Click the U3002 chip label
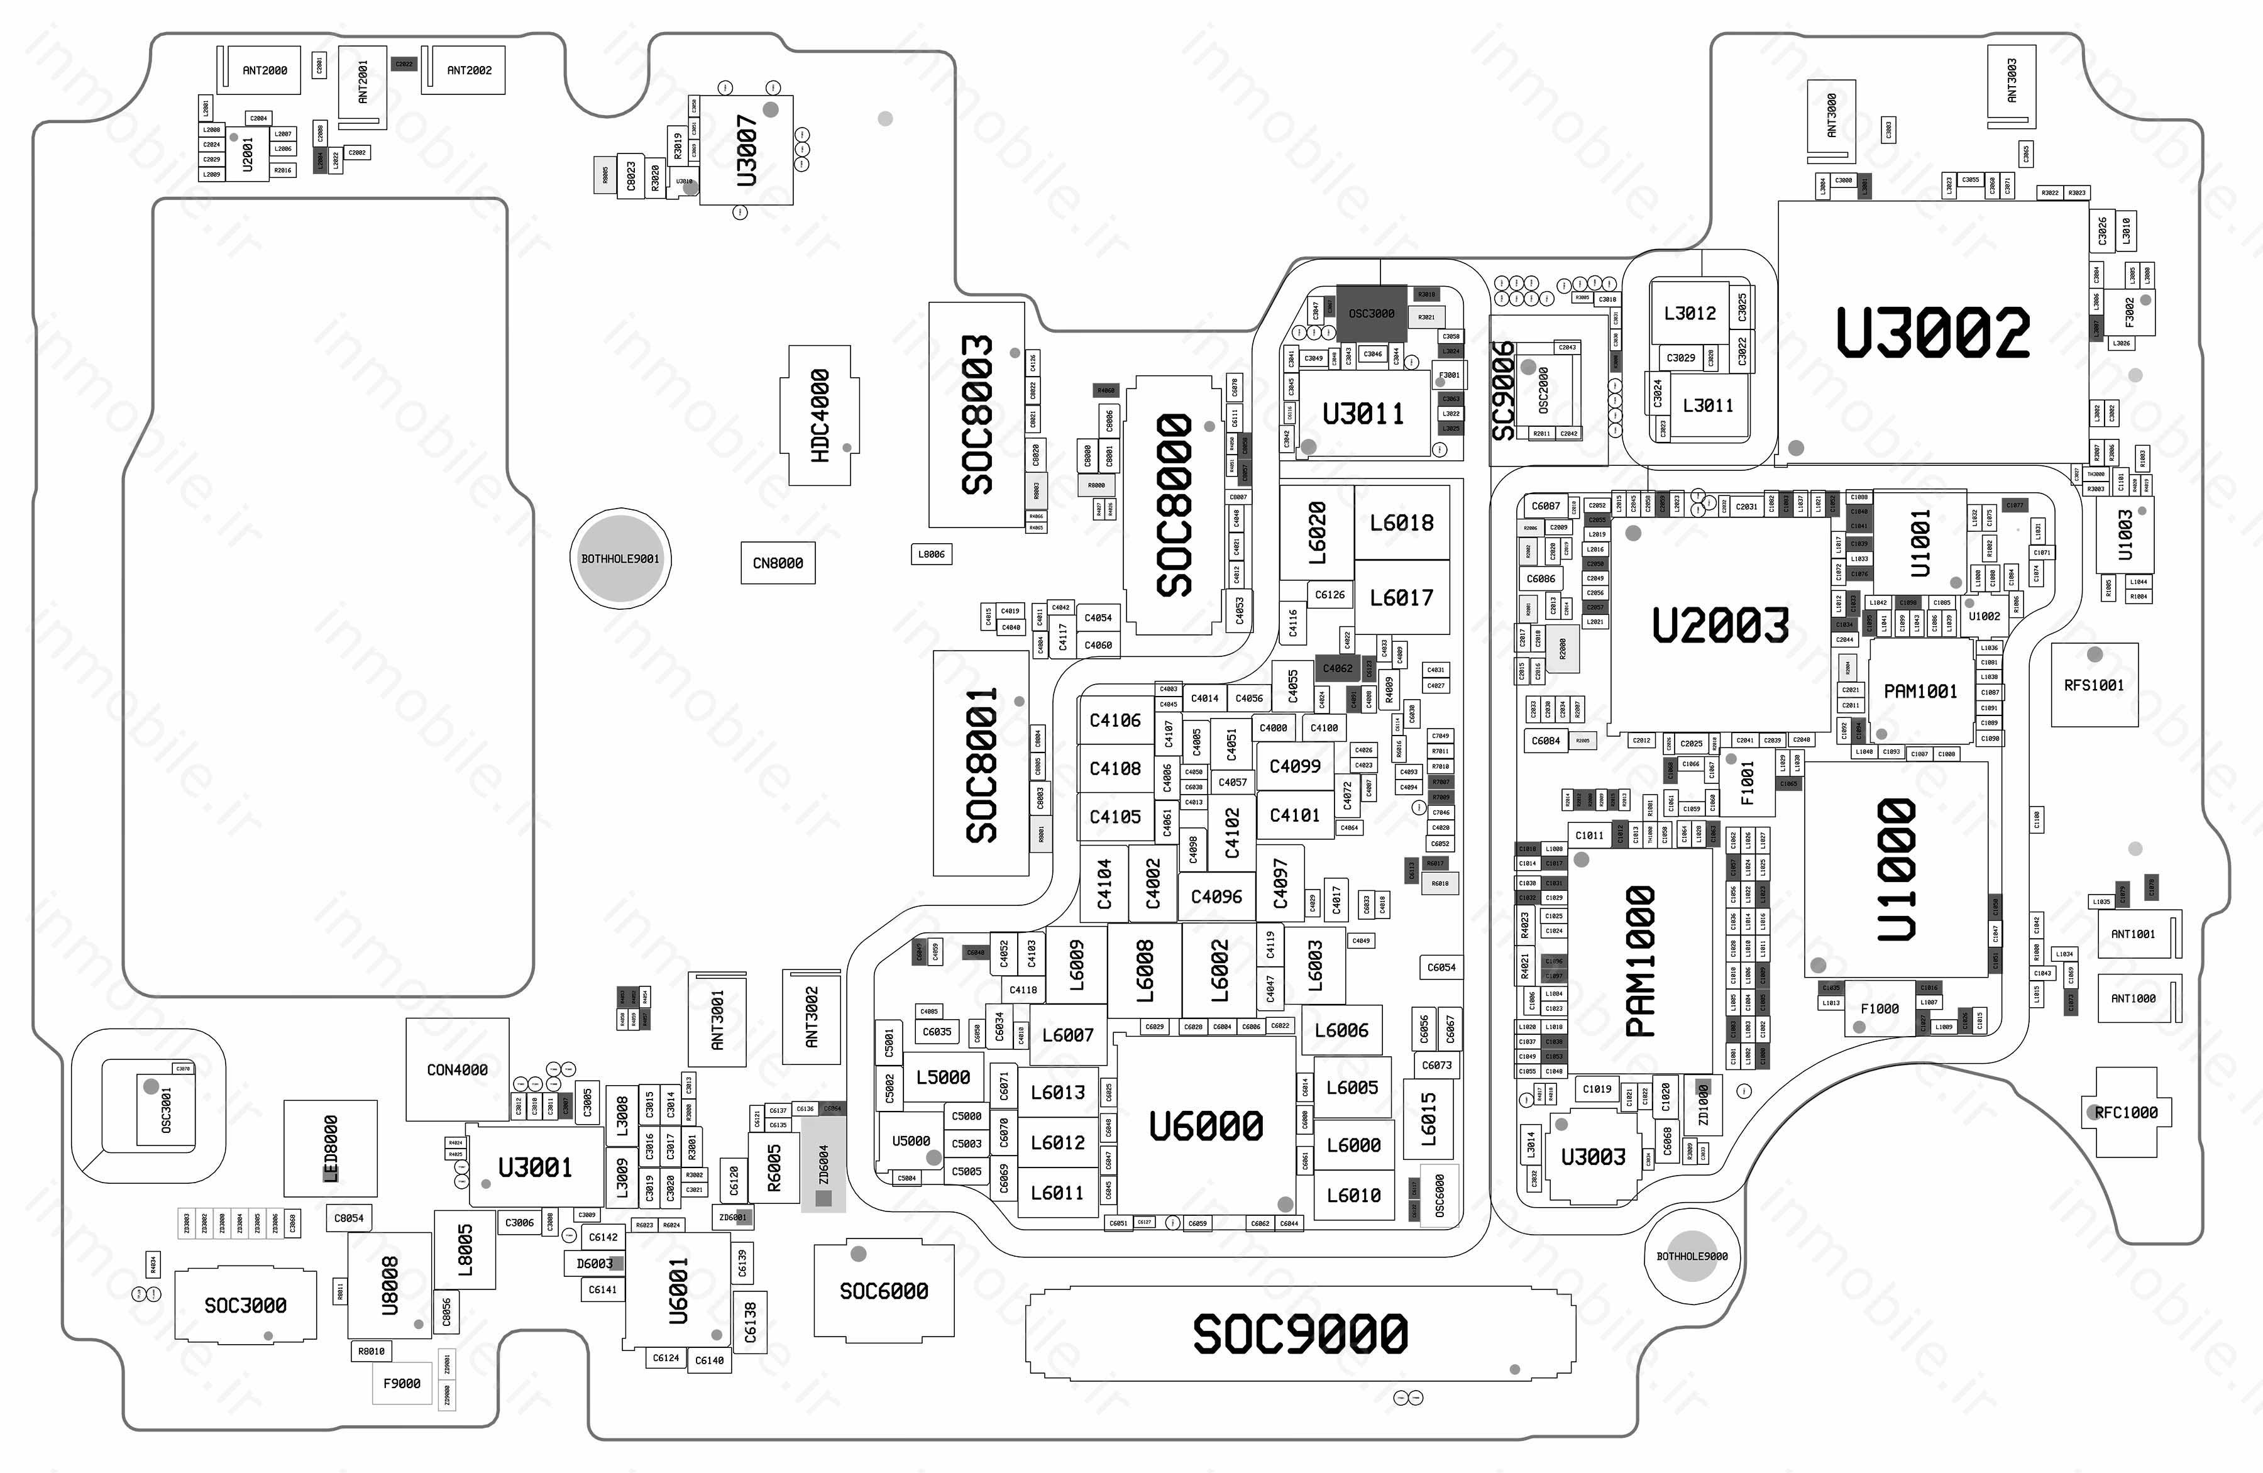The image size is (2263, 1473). click(1932, 333)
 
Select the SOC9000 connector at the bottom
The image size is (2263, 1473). click(1300, 1333)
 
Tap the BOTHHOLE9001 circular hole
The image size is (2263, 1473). click(620, 558)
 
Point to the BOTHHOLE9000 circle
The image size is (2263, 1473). click(1692, 1256)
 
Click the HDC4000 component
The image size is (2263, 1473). click(820, 416)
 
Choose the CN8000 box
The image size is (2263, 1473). click(778, 563)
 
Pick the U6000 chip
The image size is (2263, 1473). click(1206, 1126)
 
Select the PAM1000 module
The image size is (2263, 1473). click(1640, 961)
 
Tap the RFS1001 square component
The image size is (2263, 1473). click(2094, 685)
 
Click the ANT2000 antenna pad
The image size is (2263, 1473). click(265, 70)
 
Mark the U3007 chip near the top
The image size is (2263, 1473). click(747, 150)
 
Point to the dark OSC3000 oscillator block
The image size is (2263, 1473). click(1371, 313)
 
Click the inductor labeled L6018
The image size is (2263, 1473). click(1402, 522)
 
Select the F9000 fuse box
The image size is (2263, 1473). click(401, 1384)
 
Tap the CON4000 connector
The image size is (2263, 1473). click(458, 1070)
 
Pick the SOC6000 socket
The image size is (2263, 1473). click(883, 1291)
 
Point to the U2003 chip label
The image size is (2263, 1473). click(1720, 626)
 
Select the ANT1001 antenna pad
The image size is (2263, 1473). click(2133, 934)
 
